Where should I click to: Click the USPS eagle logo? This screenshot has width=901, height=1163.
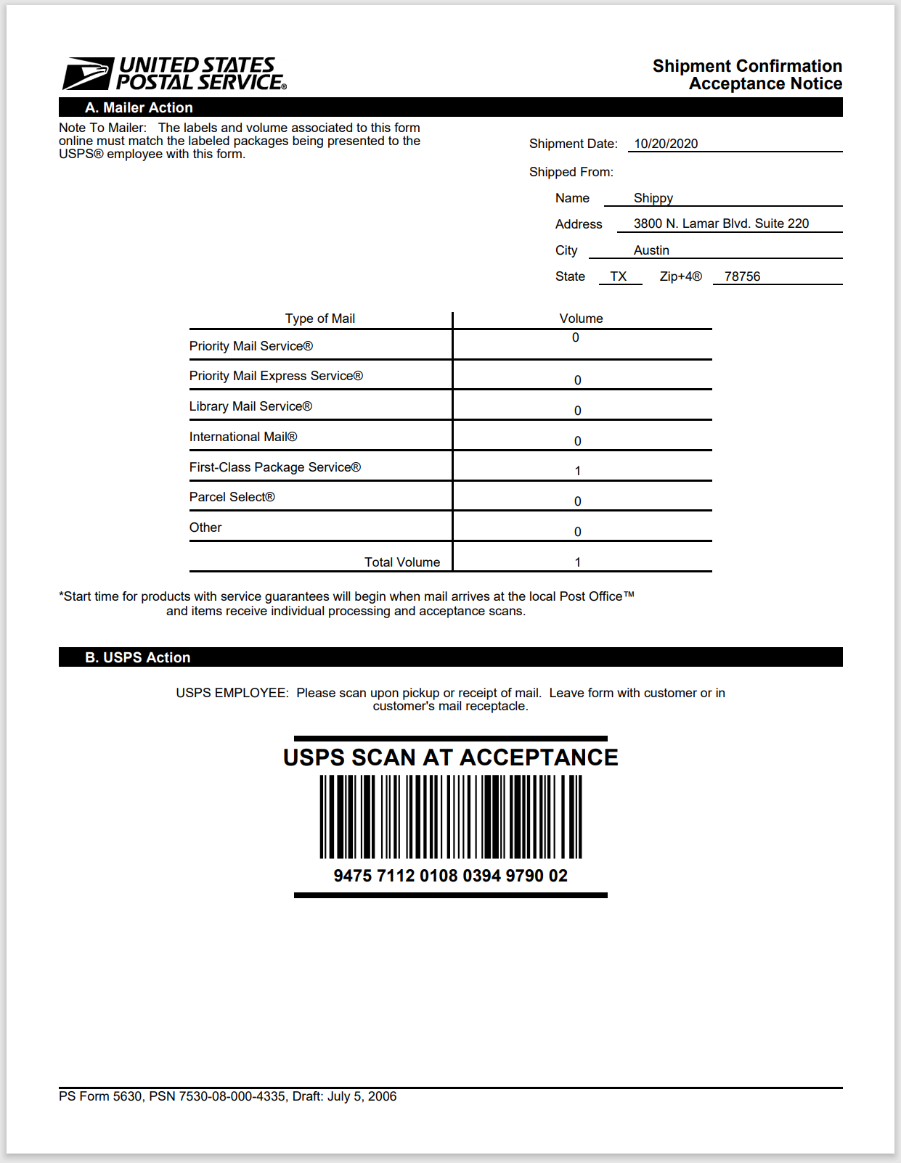pos(89,73)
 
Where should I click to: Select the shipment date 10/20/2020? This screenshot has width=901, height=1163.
pos(666,144)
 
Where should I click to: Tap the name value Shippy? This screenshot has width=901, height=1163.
pos(653,198)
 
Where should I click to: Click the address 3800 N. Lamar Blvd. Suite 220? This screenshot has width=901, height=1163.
pos(721,223)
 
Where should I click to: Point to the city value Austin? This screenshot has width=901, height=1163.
pos(651,250)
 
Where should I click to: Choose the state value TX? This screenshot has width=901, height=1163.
pos(619,276)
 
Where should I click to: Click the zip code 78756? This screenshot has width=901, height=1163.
pos(742,276)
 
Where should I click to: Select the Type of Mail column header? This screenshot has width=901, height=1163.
pos(319,319)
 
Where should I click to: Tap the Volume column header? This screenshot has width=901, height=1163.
pos(581,319)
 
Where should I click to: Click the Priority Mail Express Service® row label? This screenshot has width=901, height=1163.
pos(276,376)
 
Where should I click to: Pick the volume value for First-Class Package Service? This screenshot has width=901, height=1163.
pos(578,471)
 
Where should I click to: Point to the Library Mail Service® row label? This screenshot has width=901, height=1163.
pos(250,406)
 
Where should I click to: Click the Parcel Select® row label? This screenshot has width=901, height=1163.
pos(232,497)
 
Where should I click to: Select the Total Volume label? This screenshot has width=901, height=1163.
pos(402,562)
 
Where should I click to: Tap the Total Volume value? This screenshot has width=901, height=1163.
pos(578,562)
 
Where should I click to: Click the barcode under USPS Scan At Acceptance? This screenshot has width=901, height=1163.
pos(451,816)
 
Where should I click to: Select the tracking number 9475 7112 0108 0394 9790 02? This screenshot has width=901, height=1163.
pos(451,876)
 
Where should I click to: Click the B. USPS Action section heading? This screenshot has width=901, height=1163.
pos(138,657)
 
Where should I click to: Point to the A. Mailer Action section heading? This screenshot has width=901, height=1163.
pos(139,107)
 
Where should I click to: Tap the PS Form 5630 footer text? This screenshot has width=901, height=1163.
pos(227,1096)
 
